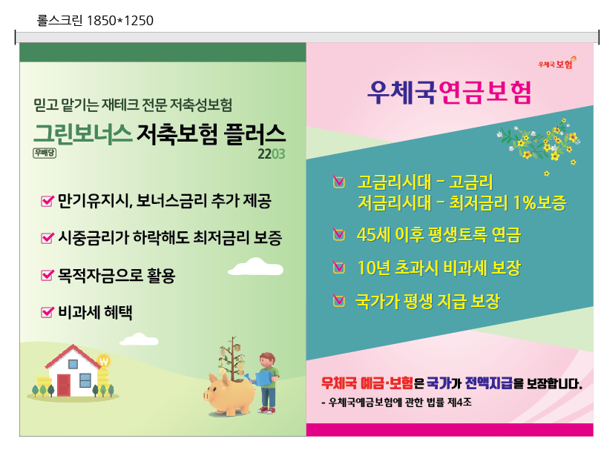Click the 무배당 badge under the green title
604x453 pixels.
45,153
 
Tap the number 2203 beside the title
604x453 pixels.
271,154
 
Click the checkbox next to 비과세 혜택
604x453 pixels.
47,311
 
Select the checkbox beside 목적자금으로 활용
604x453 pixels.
47,275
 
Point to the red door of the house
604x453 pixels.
64,385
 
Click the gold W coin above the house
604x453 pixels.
104,361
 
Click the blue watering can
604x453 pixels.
262,377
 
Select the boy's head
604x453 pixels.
267,360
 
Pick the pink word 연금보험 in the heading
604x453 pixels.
485,93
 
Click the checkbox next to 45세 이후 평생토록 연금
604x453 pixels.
338,234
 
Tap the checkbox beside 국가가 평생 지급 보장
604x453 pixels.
338,300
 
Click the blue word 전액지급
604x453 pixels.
489,383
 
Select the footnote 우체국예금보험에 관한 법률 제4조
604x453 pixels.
396,403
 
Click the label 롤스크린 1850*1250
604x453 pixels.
95,21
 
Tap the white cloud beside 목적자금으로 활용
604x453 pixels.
255,267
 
